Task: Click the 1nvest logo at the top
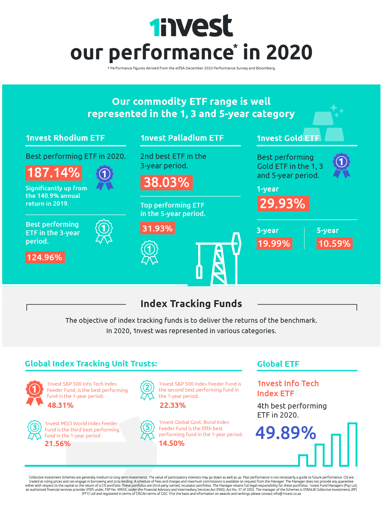tap(191, 26)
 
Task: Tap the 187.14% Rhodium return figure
tap(54, 173)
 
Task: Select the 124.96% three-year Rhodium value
tap(45, 257)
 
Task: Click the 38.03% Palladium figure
tap(166, 182)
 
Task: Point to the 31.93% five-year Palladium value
tap(157, 228)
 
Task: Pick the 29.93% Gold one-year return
tap(283, 203)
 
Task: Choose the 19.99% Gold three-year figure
tap(274, 243)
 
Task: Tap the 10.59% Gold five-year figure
tap(334, 243)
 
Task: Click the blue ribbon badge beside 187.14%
tap(104, 178)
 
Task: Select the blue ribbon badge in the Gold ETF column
tap(341, 165)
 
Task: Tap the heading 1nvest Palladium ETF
tap(182, 138)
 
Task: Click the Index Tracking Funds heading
tap(191, 304)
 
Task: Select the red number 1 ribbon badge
tap(34, 392)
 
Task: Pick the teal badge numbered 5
tap(148, 430)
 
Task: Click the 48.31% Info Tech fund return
tap(60, 405)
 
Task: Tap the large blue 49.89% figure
tap(286, 433)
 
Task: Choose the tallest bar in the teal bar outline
tap(352, 444)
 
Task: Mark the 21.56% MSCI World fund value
tap(58, 444)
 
